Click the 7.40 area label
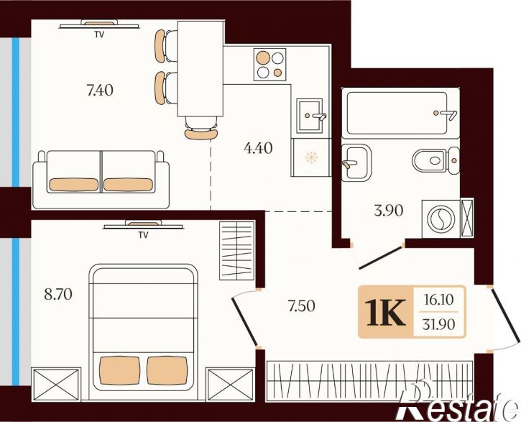(100, 90)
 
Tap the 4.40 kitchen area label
(258, 148)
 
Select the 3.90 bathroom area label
(389, 211)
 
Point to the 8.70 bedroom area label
(58, 295)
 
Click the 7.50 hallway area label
(302, 306)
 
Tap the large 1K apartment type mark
(385, 312)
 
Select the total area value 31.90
(438, 324)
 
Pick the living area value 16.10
(438, 300)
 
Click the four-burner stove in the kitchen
(269, 65)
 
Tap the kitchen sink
(310, 116)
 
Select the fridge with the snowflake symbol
(311, 157)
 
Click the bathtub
(401, 113)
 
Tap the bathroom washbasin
(356, 162)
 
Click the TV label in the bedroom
(143, 235)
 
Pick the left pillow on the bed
(119, 370)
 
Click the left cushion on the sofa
(74, 185)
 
